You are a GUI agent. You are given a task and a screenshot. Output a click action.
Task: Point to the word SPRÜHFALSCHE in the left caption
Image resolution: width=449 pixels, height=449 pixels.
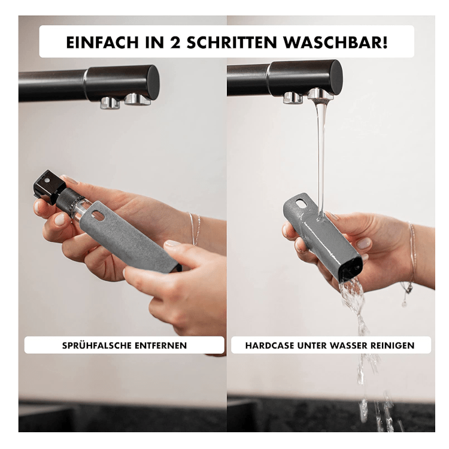point(98,345)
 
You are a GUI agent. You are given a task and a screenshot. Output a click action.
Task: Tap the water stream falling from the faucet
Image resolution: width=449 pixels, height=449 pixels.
point(321,150)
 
